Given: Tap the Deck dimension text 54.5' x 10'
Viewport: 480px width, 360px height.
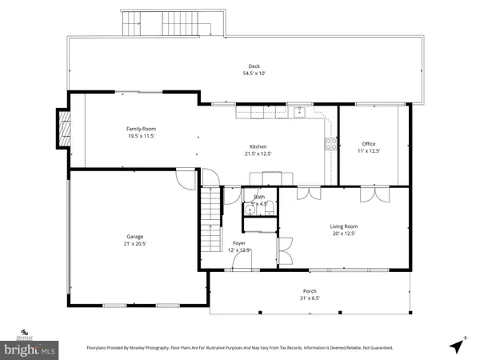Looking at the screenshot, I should (254, 74).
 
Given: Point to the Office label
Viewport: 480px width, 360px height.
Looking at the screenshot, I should (369, 144).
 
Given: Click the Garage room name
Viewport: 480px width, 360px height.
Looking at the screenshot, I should (135, 236).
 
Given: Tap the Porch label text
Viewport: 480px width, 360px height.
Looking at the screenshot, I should (309, 291).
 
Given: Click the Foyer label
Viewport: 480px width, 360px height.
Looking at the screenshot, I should (238, 242).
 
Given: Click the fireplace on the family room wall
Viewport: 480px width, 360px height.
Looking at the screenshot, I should (61, 129).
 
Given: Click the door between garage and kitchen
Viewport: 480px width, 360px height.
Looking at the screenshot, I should (186, 178).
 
